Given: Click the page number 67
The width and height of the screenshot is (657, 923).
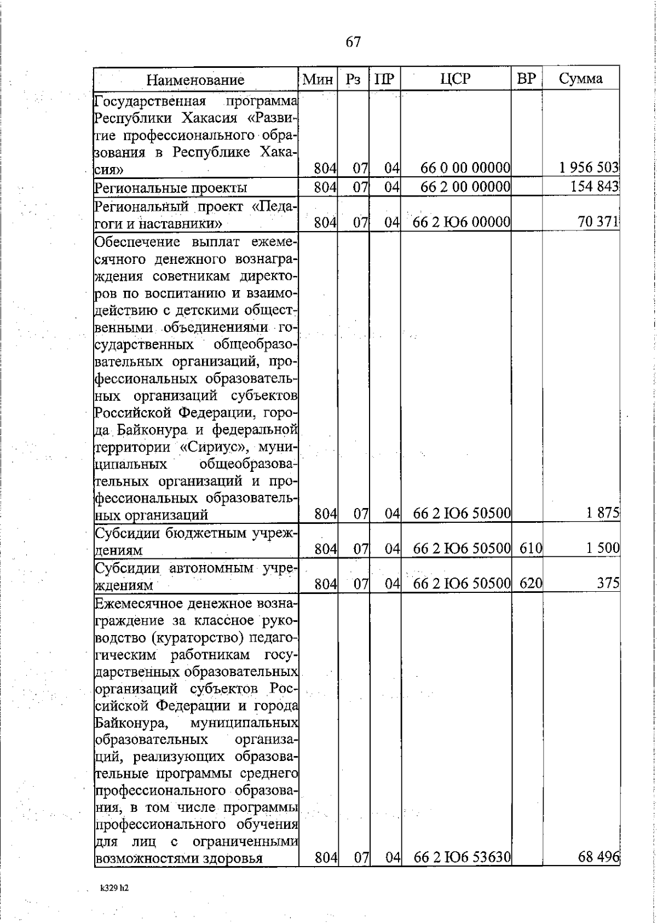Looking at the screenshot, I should click(354, 42).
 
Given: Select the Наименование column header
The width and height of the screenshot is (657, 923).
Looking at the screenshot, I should click(195, 80).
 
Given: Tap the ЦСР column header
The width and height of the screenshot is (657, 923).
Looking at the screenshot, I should click(456, 79).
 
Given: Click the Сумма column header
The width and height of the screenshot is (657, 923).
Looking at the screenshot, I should click(581, 79).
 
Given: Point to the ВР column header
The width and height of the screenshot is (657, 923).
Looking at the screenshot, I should click(526, 79).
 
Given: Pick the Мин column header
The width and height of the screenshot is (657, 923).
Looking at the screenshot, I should click(318, 79).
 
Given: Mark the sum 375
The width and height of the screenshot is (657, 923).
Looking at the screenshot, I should click(608, 584).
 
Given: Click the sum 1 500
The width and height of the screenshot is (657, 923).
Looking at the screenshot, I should click(603, 548).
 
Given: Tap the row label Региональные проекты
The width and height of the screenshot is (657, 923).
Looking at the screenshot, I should click(171, 188).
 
